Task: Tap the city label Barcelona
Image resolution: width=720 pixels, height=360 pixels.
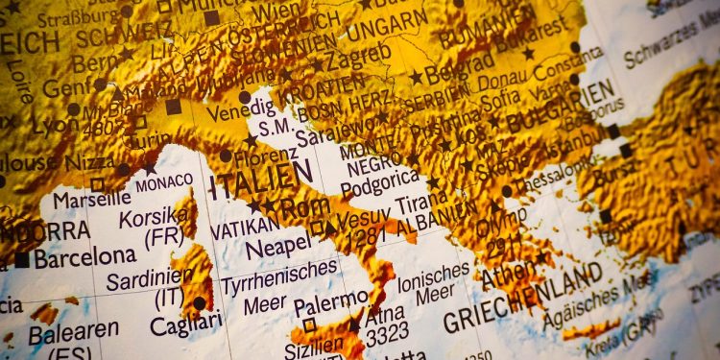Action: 84,257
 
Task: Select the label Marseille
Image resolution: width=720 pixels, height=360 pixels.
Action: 91,200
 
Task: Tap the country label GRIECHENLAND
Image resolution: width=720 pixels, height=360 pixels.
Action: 528,295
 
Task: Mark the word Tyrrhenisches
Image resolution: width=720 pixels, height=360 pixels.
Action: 279,277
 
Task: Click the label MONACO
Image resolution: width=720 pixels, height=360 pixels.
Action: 164,182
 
